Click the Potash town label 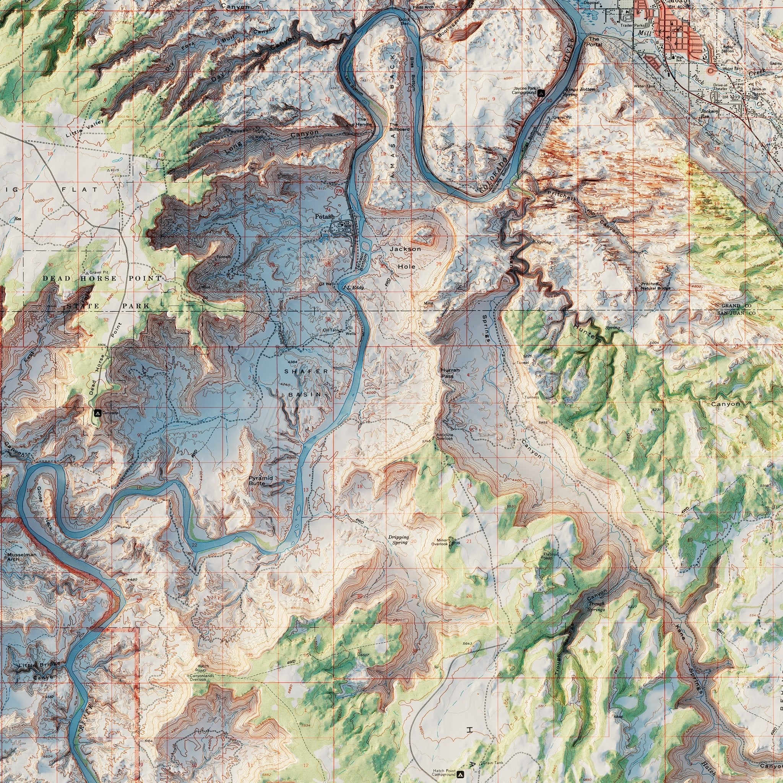point(325,217)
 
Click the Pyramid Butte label point(260,481)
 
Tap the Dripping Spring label point(399,539)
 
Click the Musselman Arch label point(21,556)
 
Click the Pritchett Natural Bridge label point(656,286)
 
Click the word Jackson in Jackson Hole point(405,249)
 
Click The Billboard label point(400,127)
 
